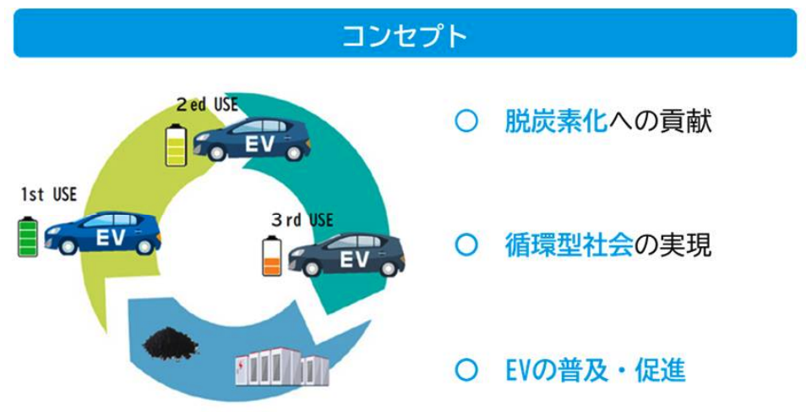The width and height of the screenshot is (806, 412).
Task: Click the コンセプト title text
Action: coord(405,36)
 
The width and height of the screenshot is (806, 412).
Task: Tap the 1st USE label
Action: coord(49,195)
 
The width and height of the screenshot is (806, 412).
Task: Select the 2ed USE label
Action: coord(207,105)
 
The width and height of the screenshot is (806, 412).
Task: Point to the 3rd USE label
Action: coord(302,221)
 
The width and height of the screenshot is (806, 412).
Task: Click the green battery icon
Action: coord(28,237)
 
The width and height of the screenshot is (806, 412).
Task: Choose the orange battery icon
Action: coord(272,256)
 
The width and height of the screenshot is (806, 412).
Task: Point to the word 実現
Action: coord(685,246)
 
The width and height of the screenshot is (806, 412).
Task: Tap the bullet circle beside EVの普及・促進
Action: coord(466,371)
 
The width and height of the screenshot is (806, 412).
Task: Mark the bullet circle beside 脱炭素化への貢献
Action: coord(466,123)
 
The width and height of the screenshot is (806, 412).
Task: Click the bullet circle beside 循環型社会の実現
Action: coord(466,246)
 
